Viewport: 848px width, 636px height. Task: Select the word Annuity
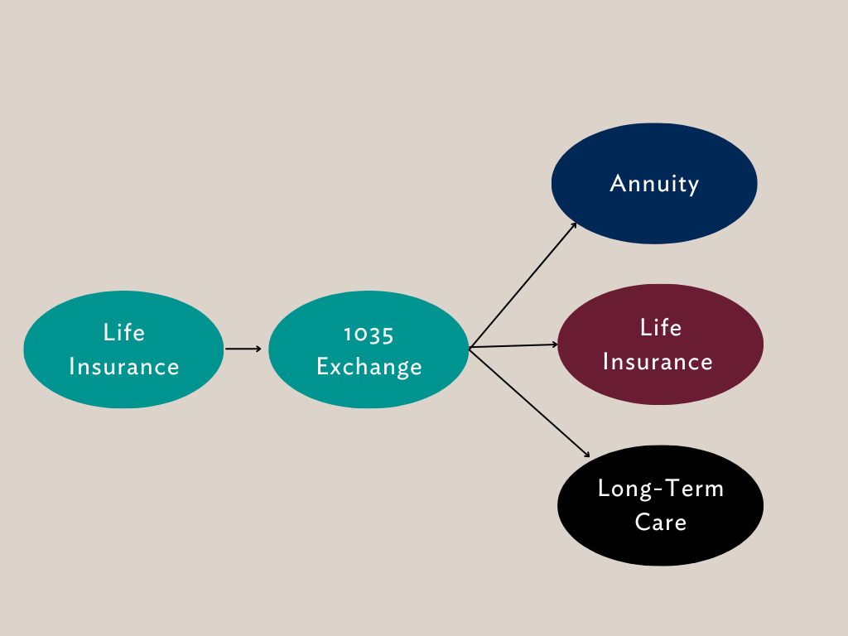654,184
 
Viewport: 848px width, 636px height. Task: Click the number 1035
369,333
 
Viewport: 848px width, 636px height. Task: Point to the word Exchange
369,367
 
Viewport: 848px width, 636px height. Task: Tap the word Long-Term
660,489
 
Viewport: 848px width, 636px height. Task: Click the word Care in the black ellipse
660,523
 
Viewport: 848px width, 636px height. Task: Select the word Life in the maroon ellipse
660,328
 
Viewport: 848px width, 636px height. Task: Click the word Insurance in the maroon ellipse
658,362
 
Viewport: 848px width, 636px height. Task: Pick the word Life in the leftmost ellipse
123,333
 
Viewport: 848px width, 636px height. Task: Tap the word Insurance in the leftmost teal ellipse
123,367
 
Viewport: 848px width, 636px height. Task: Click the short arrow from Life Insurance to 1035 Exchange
242,349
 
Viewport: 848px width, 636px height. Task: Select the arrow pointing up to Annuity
522,286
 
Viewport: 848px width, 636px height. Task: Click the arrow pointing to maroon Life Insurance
513,346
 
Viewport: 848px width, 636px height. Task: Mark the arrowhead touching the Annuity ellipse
574,224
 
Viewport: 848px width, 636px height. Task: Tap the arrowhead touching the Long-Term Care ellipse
587,455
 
